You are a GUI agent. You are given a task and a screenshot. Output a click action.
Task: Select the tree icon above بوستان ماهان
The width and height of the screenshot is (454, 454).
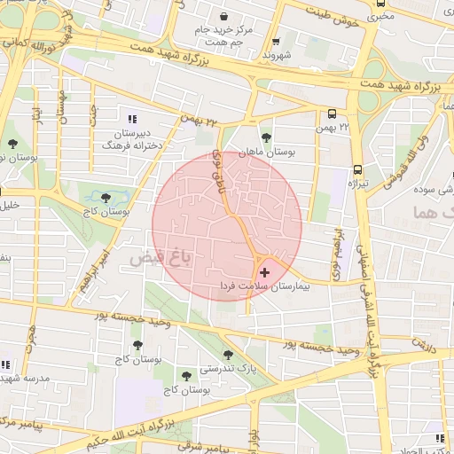[266, 137]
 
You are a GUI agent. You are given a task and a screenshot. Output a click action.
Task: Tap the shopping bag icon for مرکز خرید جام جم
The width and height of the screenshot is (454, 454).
[223, 17]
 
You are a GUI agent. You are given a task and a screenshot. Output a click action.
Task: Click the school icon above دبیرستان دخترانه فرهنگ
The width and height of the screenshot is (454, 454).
[133, 119]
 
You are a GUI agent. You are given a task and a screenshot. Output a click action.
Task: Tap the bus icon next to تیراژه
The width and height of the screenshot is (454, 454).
[357, 168]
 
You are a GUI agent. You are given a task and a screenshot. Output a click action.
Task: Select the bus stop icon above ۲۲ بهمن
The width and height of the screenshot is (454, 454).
[332, 114]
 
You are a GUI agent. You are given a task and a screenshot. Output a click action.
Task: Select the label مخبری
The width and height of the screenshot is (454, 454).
[378, 15]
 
